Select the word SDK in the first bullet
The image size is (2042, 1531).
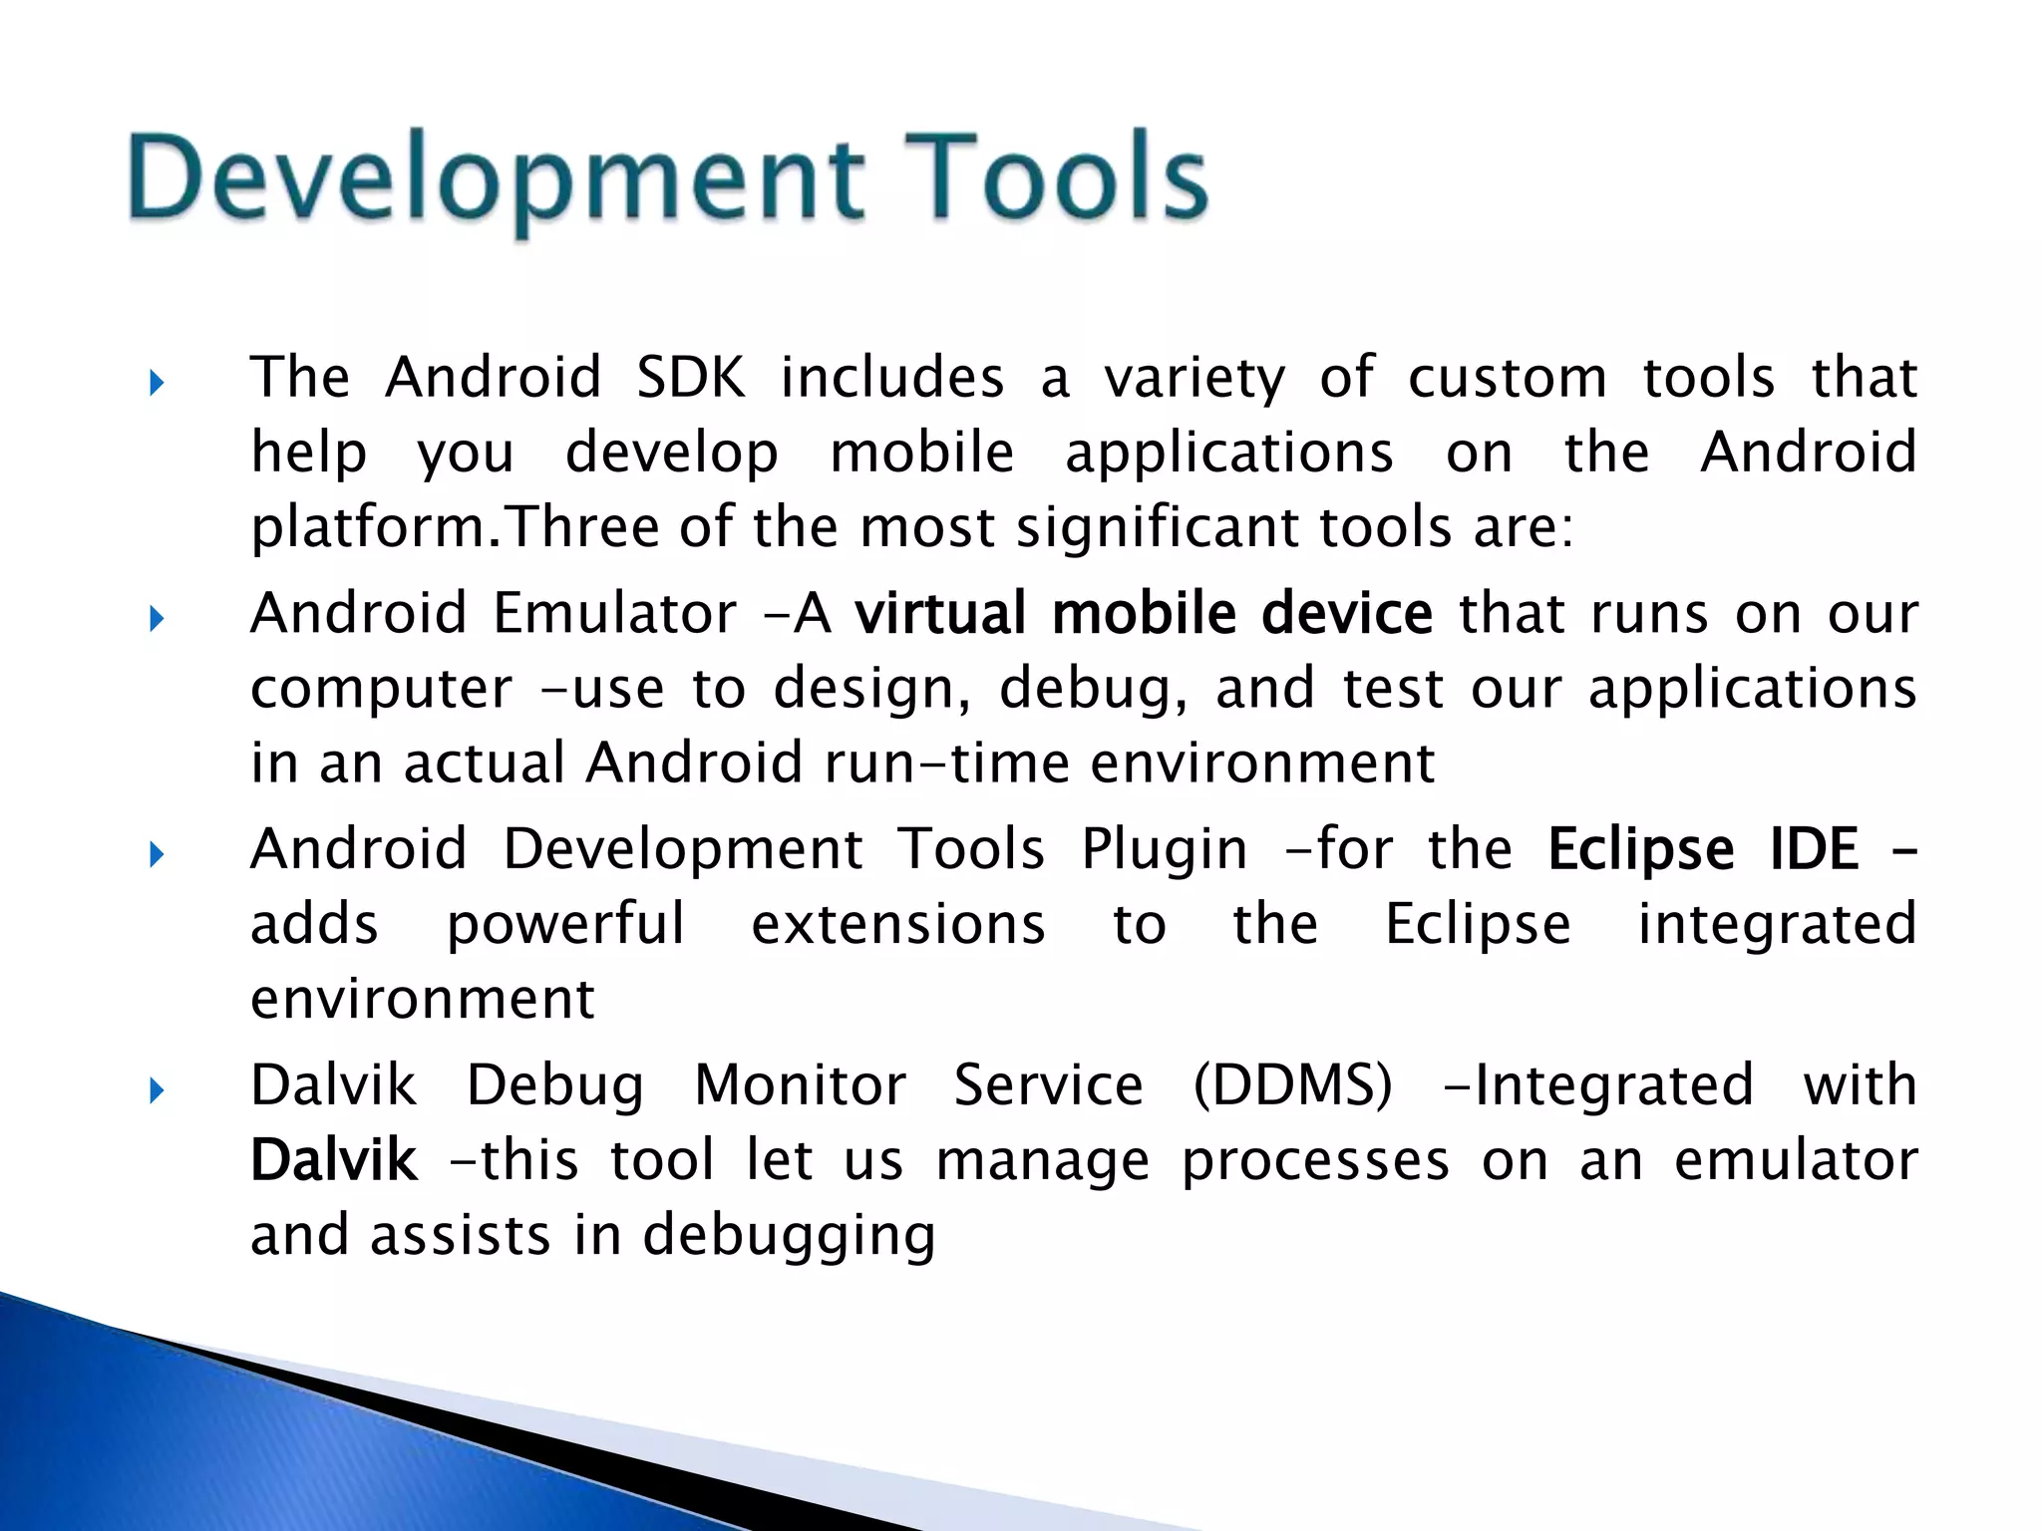pos(691,378)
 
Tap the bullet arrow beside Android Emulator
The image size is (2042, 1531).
pos(156,619)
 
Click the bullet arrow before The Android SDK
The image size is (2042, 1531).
pos(156,383)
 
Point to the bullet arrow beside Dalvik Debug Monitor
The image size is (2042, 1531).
pos(156,1090)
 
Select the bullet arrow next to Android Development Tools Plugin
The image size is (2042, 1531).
pos(156,854)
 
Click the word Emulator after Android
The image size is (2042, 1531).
pos(614,613)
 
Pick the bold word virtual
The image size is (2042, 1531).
pos(940,613)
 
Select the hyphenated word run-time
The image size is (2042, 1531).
pos(946,764)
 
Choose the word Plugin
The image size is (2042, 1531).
pos(1164,850)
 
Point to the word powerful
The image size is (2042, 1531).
pos(565,925)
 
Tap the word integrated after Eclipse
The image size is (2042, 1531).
pos(1777,925)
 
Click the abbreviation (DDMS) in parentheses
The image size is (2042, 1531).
pos(1292,1085)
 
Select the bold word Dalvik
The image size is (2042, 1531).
pos(333,1161)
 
